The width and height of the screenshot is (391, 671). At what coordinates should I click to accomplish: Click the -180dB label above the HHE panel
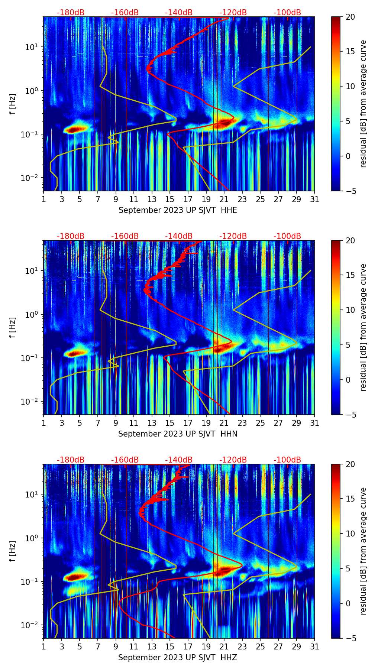coord(71,13)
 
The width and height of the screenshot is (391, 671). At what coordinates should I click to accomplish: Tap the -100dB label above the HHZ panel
coord(287,460)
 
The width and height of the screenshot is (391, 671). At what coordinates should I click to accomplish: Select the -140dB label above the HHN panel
coord(179,236)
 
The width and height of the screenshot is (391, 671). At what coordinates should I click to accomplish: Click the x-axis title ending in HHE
coord(178,210)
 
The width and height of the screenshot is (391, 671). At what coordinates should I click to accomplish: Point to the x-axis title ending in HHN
coord(178,434)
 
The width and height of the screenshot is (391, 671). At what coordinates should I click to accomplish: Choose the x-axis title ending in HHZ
coord(178,658)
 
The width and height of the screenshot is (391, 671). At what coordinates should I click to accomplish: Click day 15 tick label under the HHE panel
coord(170,199)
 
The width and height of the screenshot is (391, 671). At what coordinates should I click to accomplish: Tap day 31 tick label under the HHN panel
coord(314,423)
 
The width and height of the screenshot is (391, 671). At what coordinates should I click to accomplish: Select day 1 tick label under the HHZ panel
coord(43,646)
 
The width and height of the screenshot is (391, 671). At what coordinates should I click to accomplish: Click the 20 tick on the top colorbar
coord(350,17)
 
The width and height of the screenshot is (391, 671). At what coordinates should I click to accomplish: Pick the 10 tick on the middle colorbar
coord(350,310)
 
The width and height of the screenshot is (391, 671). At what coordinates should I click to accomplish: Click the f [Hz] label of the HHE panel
coord(13,104)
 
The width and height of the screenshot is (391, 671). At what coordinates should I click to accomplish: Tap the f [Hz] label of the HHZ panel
coord(13,551)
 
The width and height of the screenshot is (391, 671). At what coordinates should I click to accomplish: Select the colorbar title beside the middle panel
coord(363,327)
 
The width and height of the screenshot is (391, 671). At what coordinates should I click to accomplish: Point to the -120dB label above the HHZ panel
coord(233,460)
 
